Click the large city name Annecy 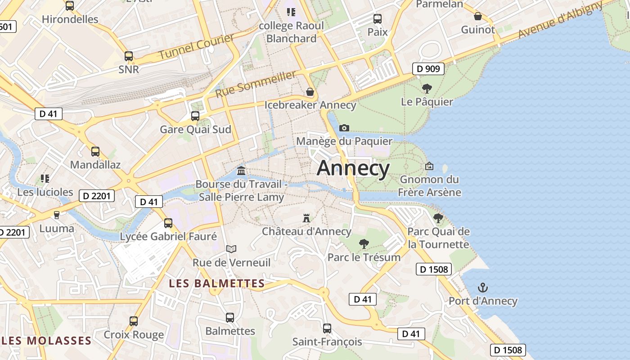tap(353, 168)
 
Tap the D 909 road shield tap(428, 69)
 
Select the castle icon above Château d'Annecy tap(306, 218)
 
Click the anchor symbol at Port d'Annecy tap(483, 288)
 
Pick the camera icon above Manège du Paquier tap(344, 128)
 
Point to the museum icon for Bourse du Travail tap(241, 171)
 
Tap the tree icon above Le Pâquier tap(427, 89)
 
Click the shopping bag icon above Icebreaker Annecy tap(310, 92)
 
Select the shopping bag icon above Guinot tap(478, 17)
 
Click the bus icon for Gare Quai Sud tap(195, 116)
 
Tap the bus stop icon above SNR tap(129, 56)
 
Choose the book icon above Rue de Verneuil tap(231, 249)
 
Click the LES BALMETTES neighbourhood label tap(216, 283)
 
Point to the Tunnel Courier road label tap(197, 47)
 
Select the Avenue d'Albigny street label tap(560, 20)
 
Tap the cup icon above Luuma tap(57, 215)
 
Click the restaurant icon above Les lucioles tap(45, 179)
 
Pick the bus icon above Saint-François tap(327, 328)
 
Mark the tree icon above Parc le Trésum tap(364, 244)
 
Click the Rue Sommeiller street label tap(255, 84)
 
